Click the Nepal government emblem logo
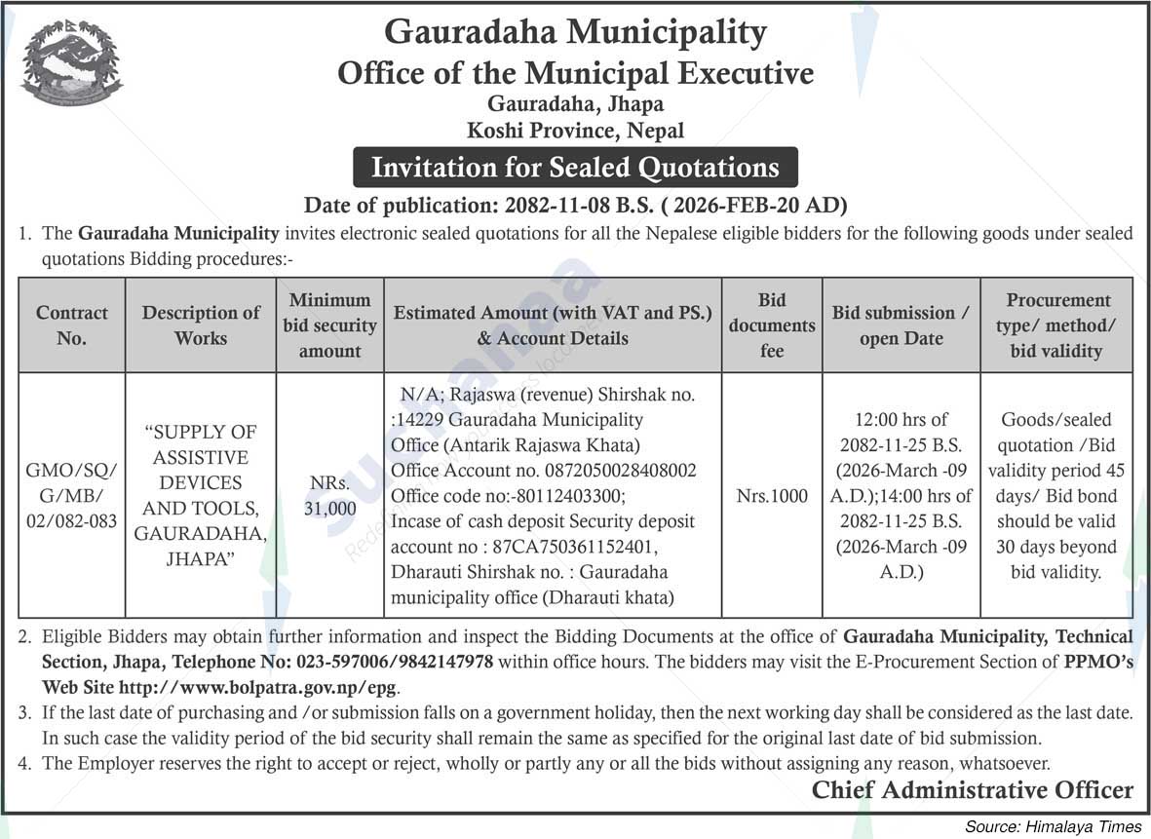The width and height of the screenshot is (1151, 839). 71,63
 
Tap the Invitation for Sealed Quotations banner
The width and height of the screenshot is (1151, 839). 575,168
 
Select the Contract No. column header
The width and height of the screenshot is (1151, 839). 71,325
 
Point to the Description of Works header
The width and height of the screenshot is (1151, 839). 201,325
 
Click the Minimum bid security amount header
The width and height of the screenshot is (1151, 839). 330,325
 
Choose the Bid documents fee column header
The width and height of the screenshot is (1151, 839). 771,325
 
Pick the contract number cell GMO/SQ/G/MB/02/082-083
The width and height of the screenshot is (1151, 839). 71,495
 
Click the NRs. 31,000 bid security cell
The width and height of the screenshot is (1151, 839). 330,495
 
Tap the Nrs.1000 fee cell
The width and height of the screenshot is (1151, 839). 771,496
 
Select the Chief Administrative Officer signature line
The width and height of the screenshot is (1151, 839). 972,790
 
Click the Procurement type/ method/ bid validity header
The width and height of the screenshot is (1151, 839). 1057,325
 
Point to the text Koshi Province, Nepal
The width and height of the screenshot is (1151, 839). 575,130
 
